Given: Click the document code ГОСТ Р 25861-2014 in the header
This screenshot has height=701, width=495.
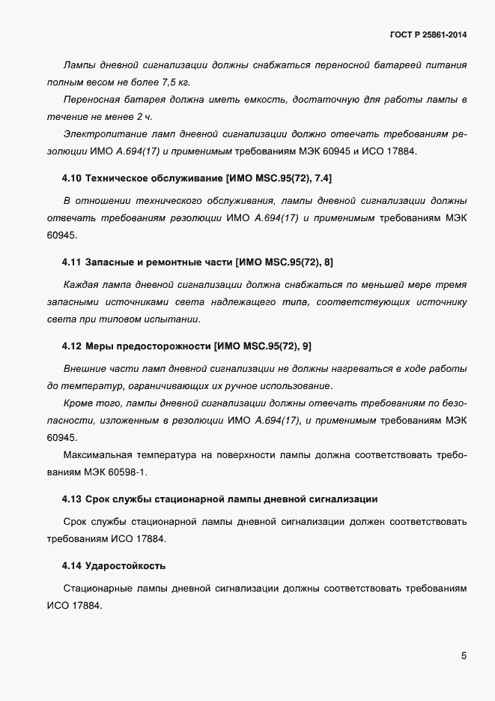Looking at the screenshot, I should click(424, 34).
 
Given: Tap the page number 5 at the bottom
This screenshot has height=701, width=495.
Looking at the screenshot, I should click(464, 656).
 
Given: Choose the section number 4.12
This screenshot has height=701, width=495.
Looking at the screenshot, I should click(72, 346).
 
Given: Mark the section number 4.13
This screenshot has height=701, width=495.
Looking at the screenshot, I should click(72, 499).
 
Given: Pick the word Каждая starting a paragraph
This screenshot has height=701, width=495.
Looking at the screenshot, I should click(80, 286).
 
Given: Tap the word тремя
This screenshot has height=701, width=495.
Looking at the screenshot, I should click(453, 286).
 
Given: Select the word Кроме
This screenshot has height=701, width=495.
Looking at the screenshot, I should click(79, 404).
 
